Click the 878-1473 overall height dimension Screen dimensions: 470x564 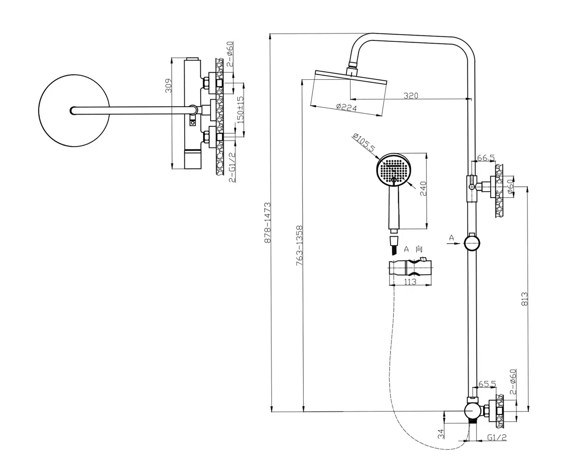point(267,222)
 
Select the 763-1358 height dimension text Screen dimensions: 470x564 point(299,246)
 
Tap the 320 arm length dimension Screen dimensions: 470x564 point(411,95)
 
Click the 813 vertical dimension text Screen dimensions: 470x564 point(525,299)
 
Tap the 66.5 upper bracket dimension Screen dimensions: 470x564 point(486,158)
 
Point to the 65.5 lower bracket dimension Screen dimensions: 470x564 point(487,384)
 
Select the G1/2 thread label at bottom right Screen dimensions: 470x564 point(497,438)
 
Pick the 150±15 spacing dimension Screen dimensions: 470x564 point(240,109)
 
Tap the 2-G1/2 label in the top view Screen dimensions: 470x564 point(232,167)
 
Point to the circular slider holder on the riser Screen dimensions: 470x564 point(471,243)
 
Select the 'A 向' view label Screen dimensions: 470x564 point(413,249)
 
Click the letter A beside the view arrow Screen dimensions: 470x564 point(451,238)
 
